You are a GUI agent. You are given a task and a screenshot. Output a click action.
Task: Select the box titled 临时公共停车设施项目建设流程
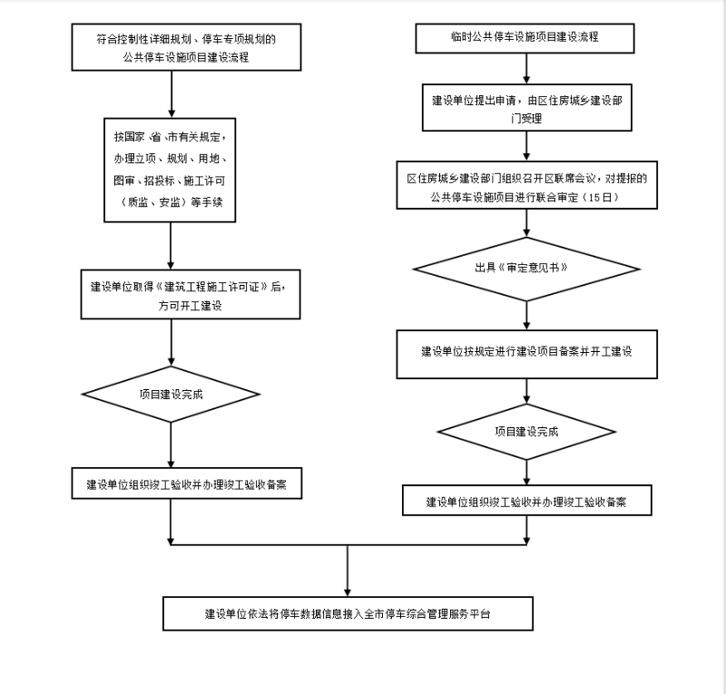(x=525, y=38)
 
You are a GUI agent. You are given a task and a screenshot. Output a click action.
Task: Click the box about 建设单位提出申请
(x=526, y=109)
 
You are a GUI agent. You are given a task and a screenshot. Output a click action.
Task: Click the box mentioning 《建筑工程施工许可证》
(x=190, y=295)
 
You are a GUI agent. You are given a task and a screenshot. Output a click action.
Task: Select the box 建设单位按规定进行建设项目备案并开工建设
(x=526, y=351)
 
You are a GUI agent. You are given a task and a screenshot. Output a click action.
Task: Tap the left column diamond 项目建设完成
(x=171, y=395)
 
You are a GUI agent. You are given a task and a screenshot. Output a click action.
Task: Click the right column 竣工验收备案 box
(x=526, y=501)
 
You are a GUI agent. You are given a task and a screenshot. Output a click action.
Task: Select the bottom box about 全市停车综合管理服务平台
(x=347, y=613)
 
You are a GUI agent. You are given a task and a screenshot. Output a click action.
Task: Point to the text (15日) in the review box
(x=604, y=196)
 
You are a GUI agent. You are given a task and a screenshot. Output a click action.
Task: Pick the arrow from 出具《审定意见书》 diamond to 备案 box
(x=526, y=312)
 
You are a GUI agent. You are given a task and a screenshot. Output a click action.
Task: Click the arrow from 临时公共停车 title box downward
(x=526, y=68)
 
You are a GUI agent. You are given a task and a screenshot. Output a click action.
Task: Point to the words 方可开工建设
(x=190, y=306)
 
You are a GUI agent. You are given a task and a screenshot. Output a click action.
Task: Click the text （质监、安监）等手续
(x=171, y=205)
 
